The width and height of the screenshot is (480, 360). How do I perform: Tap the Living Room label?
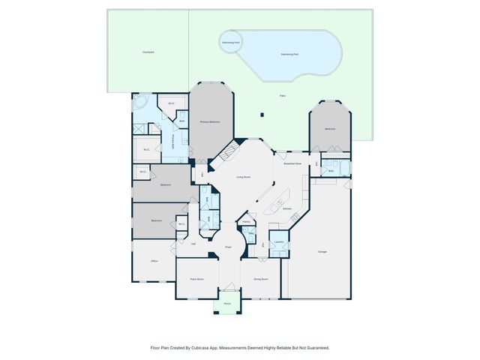[x=243, y=177]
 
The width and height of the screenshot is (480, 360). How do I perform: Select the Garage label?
[x=322, y=251]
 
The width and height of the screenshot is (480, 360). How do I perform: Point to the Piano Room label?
[x=197, y=278]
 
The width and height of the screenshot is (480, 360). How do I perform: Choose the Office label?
[x=154, y=261]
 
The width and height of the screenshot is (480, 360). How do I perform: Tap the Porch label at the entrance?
[x=226, y=304]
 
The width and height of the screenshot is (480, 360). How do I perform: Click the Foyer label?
[x=228, y=246]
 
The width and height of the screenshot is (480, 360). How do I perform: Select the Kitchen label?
[x=286, y=209]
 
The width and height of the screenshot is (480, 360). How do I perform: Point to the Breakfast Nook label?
[x=292, y=163]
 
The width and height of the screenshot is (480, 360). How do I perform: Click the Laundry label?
[x=278, y=241]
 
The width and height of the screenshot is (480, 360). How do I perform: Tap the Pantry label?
[x=246, y=222]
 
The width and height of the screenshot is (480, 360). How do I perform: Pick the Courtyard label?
[x=148, y=52]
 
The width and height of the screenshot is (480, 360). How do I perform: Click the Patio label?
[x=283, y=95]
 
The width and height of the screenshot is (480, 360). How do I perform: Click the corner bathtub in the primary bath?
[x=140, y=103]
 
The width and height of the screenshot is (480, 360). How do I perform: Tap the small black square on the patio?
[x=262, y=115]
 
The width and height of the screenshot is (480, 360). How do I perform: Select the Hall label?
[x=193, y=244]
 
